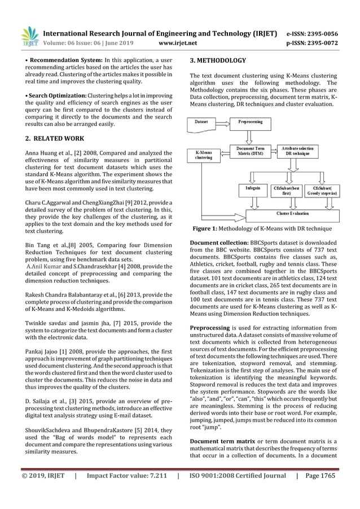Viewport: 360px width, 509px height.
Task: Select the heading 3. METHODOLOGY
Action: [x=218, y=60]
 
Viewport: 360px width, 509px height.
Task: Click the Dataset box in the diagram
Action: [x=205, y=122]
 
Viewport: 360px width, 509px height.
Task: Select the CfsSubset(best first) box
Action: [x=287, y=190]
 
